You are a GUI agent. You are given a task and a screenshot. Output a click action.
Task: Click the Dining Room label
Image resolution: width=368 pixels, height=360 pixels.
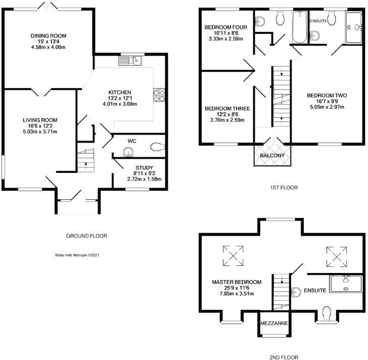pos(49,36)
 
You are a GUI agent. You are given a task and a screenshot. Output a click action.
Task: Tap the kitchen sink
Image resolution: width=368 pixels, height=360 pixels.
pos(130,61)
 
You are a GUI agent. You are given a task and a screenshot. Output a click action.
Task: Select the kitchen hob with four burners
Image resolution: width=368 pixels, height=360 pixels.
pos(159,95)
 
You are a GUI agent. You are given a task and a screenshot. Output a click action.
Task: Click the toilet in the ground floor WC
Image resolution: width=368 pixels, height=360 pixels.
pos(157,147)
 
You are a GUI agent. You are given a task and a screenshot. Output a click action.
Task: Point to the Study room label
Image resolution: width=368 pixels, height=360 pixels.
pos(145,167)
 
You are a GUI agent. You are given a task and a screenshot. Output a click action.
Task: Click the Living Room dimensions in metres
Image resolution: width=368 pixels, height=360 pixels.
pos(40,131)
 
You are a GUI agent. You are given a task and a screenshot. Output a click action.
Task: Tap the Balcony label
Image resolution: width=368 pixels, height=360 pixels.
pos(272,155)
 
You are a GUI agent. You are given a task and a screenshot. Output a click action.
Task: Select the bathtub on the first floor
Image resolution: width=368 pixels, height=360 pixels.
pos(300,27)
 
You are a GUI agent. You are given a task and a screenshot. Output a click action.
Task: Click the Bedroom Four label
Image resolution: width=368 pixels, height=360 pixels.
pos(226,27)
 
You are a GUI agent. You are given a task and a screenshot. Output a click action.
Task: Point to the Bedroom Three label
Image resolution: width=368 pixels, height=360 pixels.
pos(227,109)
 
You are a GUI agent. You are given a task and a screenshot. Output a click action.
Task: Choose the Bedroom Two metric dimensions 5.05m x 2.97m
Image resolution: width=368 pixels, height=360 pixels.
pos(327,107)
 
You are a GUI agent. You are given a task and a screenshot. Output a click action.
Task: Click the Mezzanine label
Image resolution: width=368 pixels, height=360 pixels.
pos(274,323)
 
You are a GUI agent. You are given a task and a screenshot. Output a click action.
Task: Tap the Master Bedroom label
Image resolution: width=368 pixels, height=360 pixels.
pos(237,282)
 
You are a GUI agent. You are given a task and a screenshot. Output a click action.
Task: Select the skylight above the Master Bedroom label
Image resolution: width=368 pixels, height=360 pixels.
pos(233,256)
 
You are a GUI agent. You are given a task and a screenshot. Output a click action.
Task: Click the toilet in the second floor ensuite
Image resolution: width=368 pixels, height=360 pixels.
pos(327,313)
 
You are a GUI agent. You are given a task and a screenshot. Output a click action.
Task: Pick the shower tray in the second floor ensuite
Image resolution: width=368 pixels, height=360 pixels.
pos(346,284)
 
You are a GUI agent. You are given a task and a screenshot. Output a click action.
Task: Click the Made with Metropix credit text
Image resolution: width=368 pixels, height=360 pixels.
pos(77,255)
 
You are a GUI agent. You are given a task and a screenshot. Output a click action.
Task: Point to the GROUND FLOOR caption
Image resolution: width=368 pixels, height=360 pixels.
pos(86,236)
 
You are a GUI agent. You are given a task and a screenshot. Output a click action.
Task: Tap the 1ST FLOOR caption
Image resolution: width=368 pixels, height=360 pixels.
pos(284,188)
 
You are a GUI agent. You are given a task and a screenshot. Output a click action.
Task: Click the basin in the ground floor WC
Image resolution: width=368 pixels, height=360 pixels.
pos(128,152)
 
